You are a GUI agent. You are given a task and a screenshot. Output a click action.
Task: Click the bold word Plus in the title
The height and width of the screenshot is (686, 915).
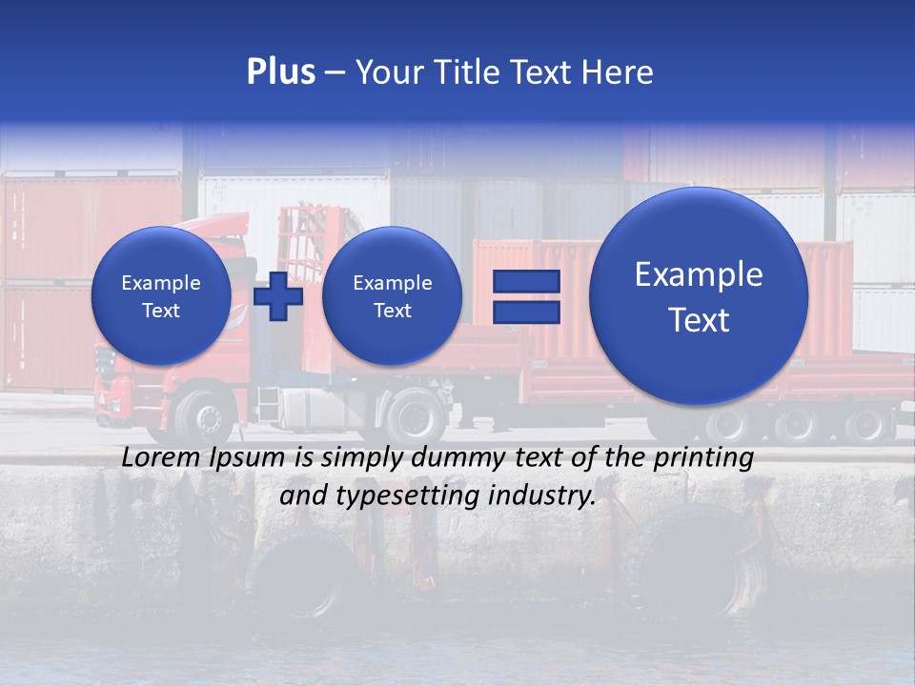click(x=280, y=72)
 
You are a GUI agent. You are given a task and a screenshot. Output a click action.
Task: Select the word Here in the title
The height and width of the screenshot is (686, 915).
click(x=619, y=72)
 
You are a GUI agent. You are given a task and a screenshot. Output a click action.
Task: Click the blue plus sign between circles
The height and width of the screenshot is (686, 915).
click(x=278, y=296)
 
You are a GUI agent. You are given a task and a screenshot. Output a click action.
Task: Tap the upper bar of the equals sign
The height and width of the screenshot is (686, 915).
click(x=525, y=281)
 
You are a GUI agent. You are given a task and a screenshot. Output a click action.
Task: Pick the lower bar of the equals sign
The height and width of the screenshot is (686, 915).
click(x=525, y=312)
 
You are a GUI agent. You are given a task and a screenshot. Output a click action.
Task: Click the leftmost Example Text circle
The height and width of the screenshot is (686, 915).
click(x=161, y=296)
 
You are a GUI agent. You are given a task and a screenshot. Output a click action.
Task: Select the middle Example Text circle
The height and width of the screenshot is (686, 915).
click(x=392, y=296)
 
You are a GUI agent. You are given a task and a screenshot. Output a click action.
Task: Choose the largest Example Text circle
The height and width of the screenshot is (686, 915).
click(x=699, y=296)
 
